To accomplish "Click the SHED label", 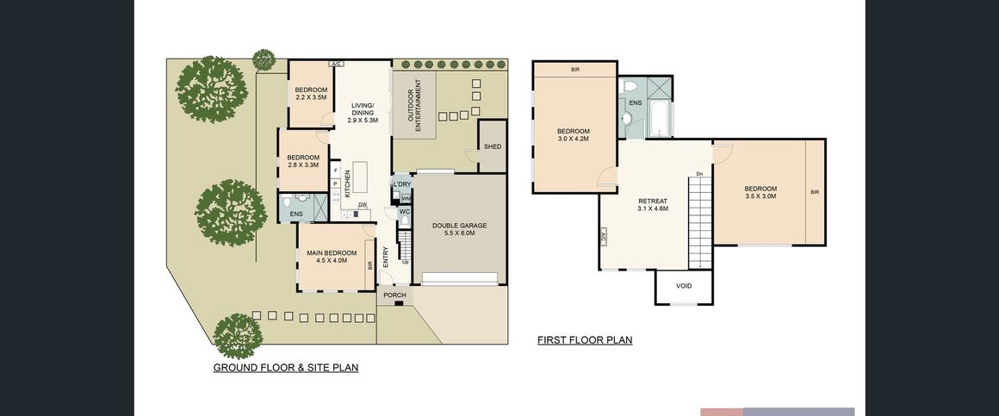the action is (493, 146).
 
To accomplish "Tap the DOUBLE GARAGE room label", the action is (459, 229).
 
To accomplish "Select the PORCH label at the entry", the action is (395, 295).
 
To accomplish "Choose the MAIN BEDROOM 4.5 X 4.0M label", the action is (332, 256).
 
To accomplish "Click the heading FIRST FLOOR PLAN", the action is (585, 340).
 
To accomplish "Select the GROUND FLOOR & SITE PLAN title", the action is (285, 368).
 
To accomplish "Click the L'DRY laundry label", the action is (402, 184).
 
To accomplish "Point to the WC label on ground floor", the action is (405, 212).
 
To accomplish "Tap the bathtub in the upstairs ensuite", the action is (658, 121).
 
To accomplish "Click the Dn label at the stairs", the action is (699, 174).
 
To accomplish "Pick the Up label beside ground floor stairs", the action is (406, 261).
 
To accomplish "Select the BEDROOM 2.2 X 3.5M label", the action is (311, 93).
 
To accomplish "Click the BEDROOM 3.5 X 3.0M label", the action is (760, 192).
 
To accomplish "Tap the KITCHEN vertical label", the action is (347, 185).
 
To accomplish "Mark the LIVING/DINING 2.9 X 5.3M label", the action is (363, 113).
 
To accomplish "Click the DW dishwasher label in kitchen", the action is (362, 204).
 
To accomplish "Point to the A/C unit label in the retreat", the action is (603, 239).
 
